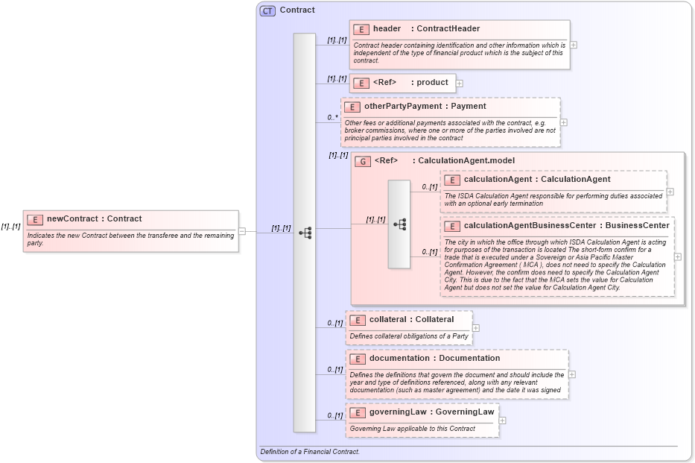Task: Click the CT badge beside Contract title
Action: click(x=267, y=10)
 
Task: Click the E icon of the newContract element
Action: click(x=35, y=219)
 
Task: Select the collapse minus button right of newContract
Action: click(x=241, y=231)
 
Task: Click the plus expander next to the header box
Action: click(x=574, y=45)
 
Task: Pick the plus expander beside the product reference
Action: click(x=460, y=84)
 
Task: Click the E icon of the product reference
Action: click(x=361, y=83)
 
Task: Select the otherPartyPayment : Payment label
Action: click(x=425, y=107)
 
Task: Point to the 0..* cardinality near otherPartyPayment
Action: click(x=332, y=118)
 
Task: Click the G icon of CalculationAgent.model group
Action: click(x=363, y=161)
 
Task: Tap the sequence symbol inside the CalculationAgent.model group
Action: click(x=399, y=224)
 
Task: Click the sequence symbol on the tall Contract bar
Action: click(x=305, y=233)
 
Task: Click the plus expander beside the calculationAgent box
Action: click(x=670, y=192)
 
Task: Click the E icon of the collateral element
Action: click(x=358, y=320)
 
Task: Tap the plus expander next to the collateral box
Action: click(x=476, y=328)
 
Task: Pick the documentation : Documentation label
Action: click(x=434, y=359)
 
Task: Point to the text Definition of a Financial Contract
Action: click(x=310, y=452)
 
